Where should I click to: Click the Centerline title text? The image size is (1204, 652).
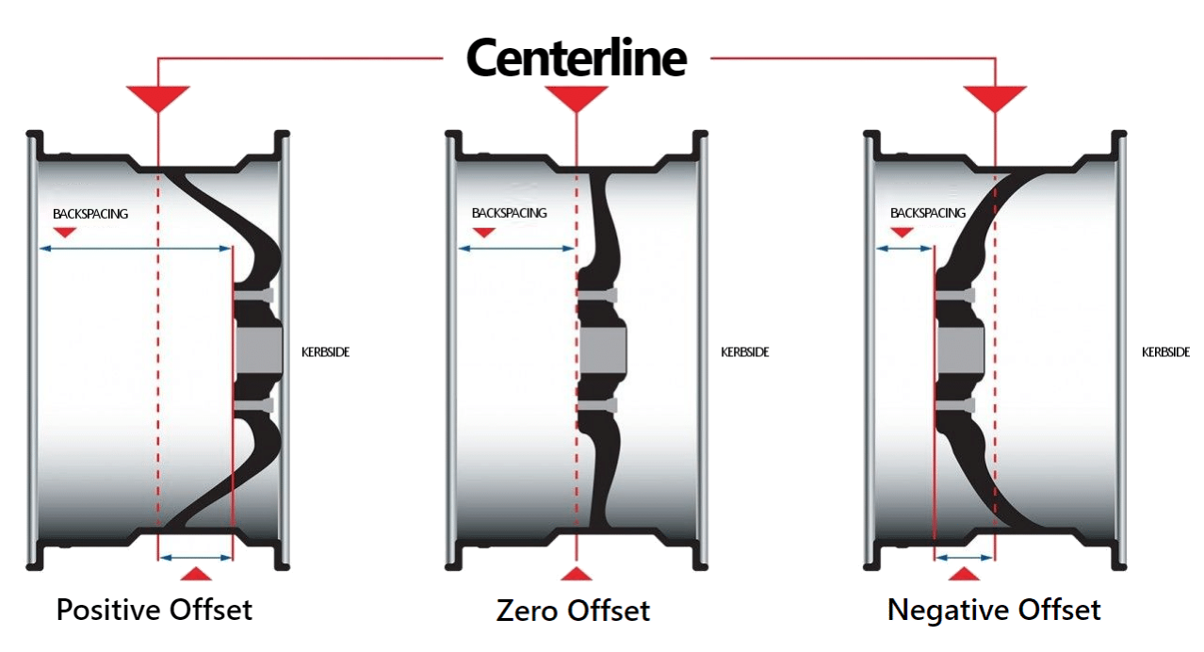[x=577, y=58]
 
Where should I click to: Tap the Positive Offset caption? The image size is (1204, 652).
[x=155, y=610]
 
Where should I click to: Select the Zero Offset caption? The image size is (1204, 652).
[x=573, y=611]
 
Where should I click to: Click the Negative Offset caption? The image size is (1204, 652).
[x=994, y=610]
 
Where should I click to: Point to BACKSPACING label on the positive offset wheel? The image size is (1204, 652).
[x=90, y=214]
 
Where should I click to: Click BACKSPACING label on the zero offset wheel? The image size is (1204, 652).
[x=509, y=213]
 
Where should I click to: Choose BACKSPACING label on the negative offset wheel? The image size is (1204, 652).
[x=928, y=213]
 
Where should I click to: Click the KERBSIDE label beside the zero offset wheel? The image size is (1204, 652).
[x=745, y=352]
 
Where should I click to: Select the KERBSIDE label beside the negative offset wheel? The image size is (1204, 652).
[x=1165, y=352]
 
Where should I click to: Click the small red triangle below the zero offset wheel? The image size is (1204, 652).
[x=576, y=574]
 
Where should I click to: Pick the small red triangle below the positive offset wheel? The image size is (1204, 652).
[x=196, y=574]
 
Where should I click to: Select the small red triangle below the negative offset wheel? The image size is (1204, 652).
[x=964, y=574]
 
